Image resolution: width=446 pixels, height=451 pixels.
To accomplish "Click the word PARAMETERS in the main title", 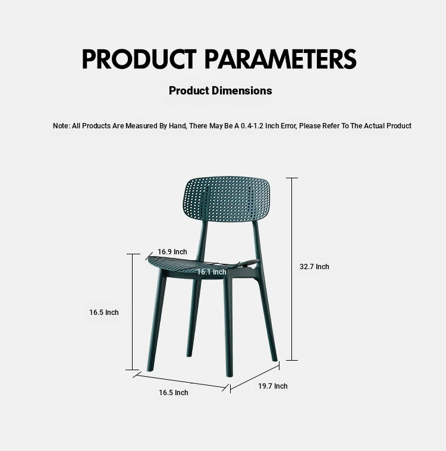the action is click(281, 59).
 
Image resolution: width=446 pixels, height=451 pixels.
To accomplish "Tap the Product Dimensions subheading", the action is click(220, 90).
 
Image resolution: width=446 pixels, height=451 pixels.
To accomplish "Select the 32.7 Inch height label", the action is click(314, 267).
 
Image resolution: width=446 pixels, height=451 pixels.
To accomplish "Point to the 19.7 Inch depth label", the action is click(273, 386).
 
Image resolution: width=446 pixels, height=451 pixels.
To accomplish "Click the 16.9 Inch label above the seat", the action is click(172, 252).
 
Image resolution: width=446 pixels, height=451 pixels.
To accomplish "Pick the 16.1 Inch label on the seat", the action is click(212, 272).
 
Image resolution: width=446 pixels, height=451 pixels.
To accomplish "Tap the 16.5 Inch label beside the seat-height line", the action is click(103, 313).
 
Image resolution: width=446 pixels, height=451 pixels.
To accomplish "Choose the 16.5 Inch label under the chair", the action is click(173, 393).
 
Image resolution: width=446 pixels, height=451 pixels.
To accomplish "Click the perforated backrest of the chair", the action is click(227, 199).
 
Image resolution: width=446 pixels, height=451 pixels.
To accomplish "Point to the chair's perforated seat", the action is click(202, 263).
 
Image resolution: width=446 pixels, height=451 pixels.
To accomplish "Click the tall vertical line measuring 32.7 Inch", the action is click(292, 269).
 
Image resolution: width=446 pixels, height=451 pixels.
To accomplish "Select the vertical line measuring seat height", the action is click(133, 312).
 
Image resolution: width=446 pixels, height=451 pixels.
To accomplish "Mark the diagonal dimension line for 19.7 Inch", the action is click(255, 377).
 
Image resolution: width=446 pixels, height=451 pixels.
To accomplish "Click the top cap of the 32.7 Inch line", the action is click(292, 178).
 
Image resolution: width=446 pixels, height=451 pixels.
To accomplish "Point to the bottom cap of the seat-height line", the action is click(133, 370).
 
